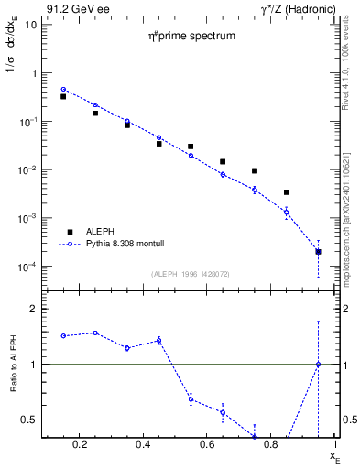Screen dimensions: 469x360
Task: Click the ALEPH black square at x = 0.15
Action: (x=63, y=96)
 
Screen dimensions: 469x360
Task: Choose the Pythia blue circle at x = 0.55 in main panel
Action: (x=191, y=155)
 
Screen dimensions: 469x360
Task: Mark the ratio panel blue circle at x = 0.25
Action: (x=95, y=333)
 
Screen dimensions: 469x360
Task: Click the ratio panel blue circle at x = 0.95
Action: (x=318, y=365)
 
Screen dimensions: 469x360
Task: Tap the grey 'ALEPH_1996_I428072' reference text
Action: (x=191, y=273)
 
